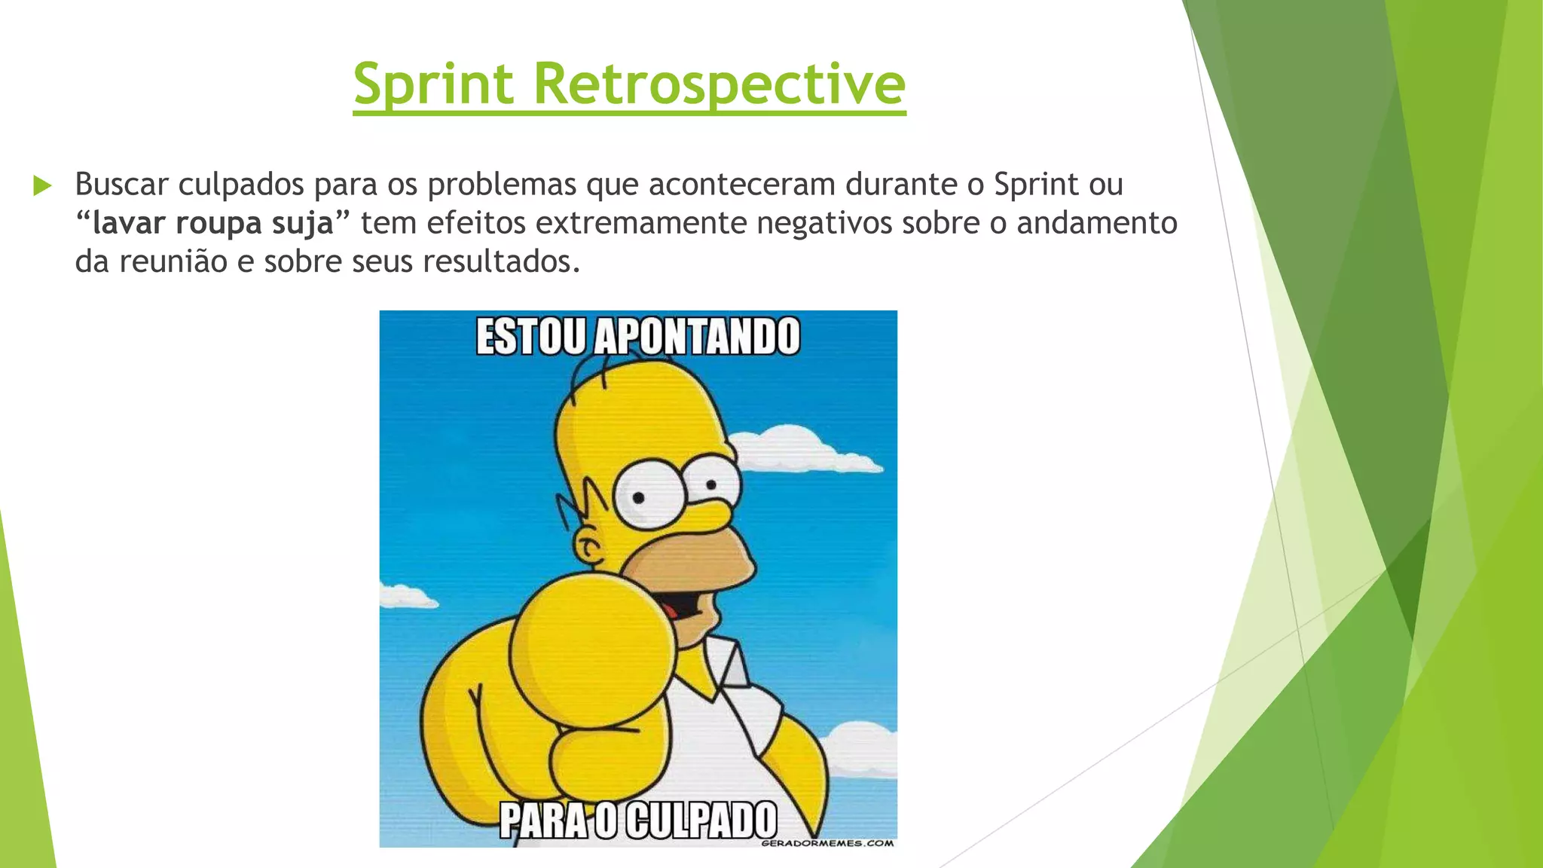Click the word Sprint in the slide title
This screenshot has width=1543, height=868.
click(434, 84)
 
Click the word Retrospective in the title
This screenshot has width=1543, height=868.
click(719, 84)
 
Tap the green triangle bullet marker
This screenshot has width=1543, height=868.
click(42, 185)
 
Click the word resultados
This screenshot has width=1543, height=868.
click(501, 261)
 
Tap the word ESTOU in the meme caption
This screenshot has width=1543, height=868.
click(530, 337)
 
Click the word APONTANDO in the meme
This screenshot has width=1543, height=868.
click(697, 337)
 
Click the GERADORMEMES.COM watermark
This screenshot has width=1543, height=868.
click(826, 843)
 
